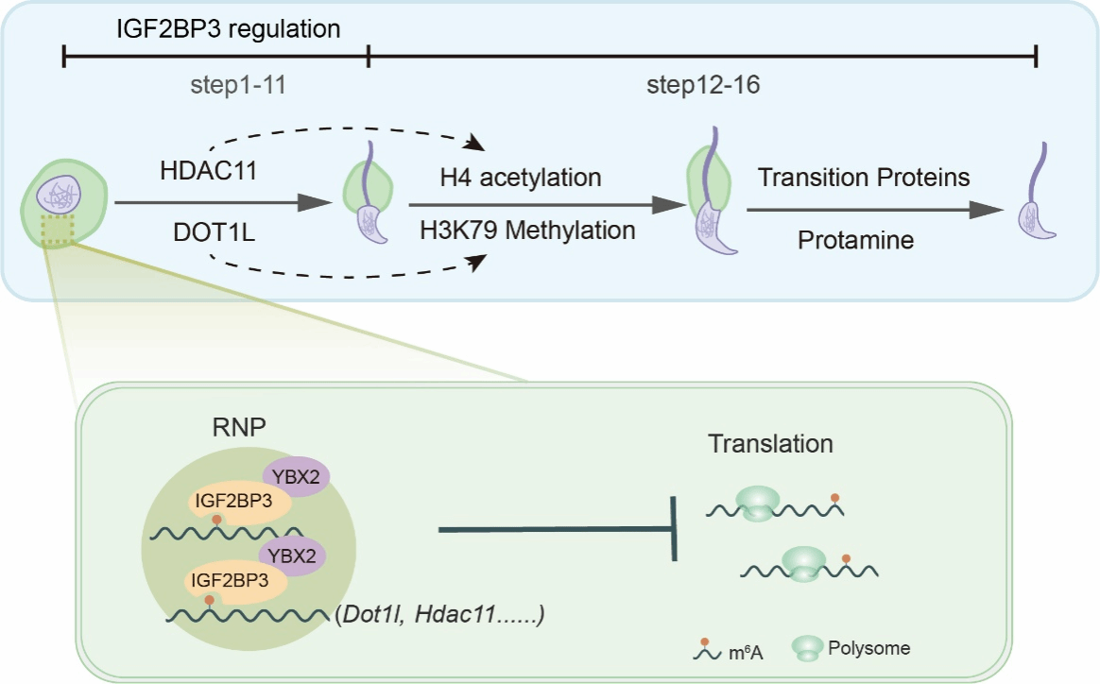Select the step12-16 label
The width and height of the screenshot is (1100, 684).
(x=704, y=88)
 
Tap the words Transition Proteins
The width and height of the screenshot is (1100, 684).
(x=864, y=179)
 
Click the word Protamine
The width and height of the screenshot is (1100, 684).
(x=855, y=241)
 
